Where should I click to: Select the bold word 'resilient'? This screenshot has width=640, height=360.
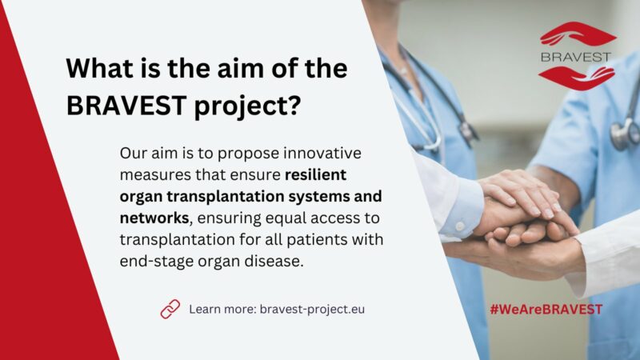point(315,174)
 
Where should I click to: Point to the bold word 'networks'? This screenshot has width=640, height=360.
point(154,218)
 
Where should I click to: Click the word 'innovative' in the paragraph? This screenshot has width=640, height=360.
point(322,153)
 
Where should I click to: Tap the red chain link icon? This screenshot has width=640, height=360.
point(170,309)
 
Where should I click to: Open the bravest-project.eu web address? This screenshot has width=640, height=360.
point(312,310)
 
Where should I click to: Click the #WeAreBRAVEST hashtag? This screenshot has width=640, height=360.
point(546,310)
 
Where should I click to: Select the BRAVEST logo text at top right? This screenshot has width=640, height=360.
point(576,57)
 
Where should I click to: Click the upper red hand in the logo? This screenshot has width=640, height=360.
point(578,34)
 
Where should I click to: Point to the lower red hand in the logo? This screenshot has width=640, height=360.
point(577,78)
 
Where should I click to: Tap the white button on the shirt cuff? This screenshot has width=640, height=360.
point(460,226)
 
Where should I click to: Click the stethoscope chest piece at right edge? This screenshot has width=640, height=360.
point(626,134)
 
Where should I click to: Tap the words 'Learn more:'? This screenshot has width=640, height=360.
point(222,310)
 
